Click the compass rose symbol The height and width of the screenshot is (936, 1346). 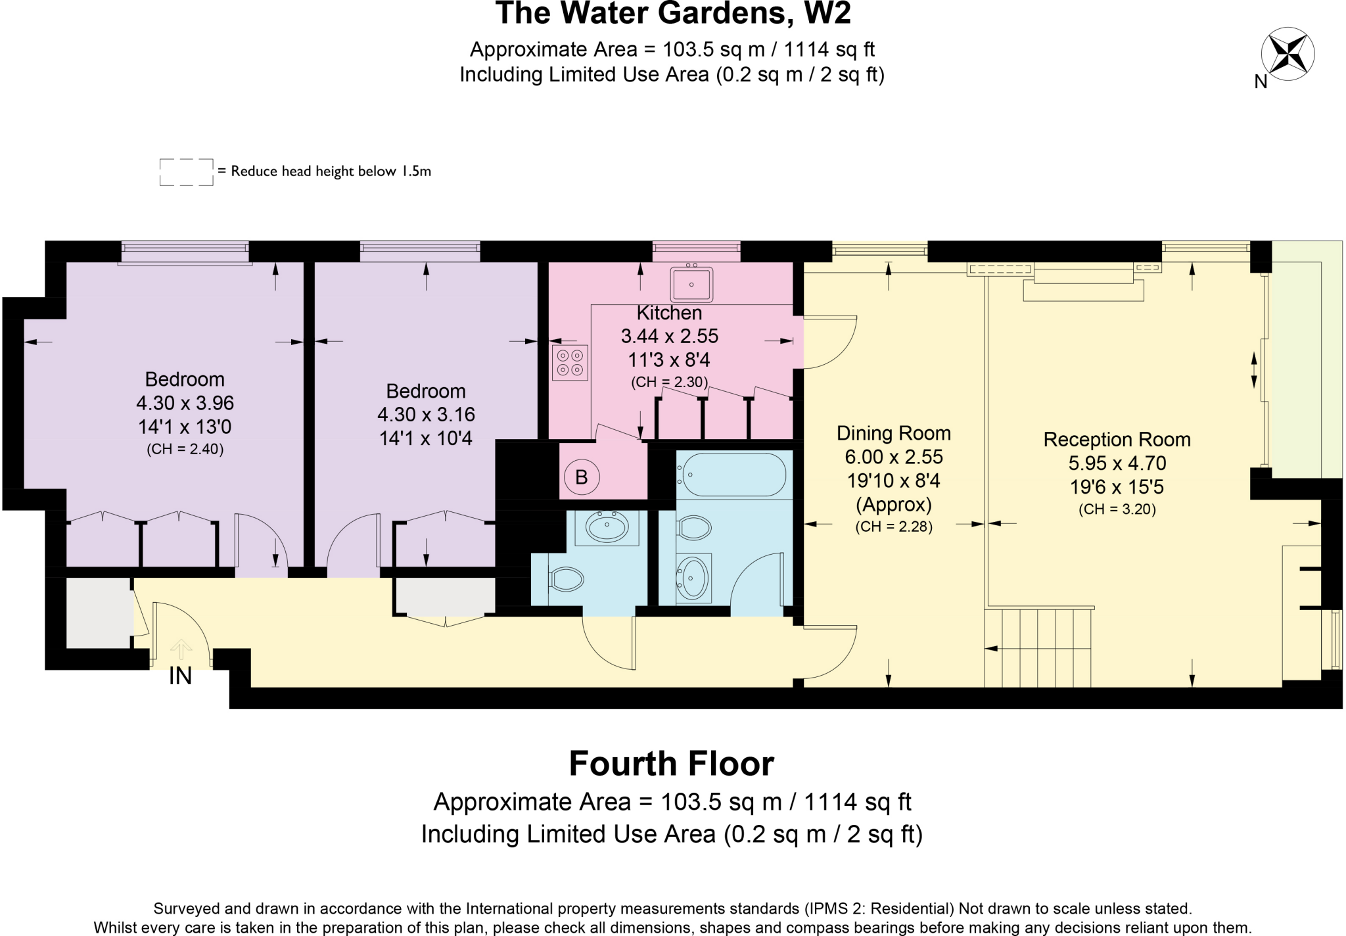(x=1288, y=54)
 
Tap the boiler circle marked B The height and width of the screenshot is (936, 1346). (x=582, y=477)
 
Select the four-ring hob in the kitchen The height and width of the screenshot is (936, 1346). (x=570, y=363)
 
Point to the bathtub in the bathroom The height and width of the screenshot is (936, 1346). (x=733, y=475)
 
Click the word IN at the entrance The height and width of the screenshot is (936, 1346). (x=180, y=676)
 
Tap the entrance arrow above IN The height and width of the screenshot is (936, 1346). (x=181, y=649)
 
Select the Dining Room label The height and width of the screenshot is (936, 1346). (x=893, y=433)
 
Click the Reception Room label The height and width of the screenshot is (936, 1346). (x=1117, y=440)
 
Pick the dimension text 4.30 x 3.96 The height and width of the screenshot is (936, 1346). (x=185, y=403)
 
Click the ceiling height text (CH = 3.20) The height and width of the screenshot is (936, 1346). (x=1117, y=509)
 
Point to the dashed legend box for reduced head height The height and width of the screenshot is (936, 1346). (x=186, y=172)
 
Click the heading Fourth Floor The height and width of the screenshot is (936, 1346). (x=671, y=764)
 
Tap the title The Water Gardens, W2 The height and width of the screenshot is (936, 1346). (x=672, y=13)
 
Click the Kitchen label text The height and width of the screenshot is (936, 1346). (x=669, y=313)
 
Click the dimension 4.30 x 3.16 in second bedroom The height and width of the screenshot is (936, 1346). (x=426, y=415)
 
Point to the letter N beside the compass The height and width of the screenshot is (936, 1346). (x=1260, y=82)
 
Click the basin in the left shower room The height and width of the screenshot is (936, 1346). (x=607, y=526)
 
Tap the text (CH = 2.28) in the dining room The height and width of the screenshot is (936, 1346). (x=893, y=526)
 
